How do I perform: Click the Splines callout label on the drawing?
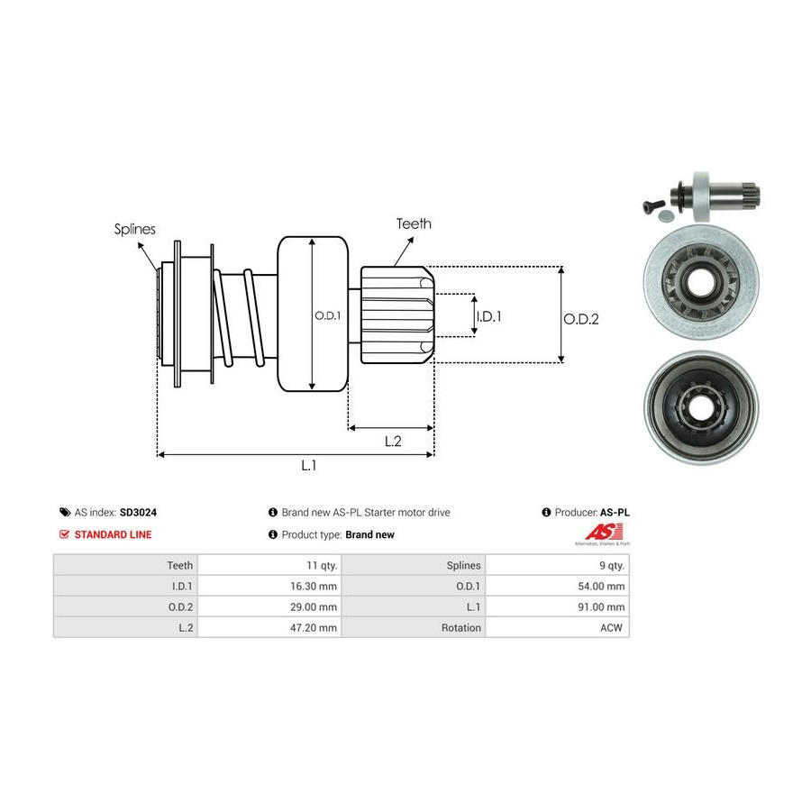coord(134,229)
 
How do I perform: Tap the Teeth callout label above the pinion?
coord(414,223)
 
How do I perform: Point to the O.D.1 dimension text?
coord(327,315)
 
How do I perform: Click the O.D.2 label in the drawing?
coord(581,318)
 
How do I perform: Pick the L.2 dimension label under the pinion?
coord(393,441)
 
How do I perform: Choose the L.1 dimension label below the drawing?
coord(309,466)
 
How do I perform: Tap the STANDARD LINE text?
coord(113,534)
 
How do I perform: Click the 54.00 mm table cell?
coord(601,586)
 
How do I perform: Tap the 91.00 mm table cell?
coord(601,606)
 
